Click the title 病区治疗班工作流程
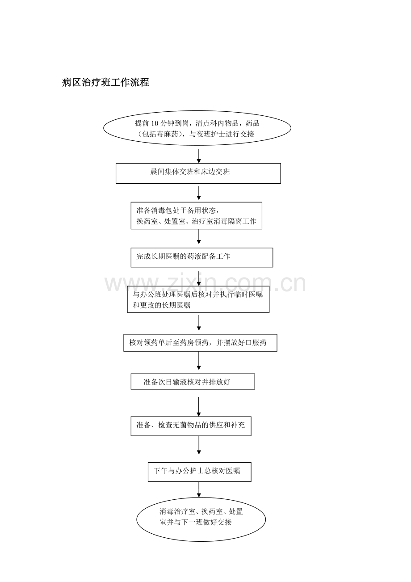(106, 82)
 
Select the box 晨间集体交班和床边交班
(198, 173)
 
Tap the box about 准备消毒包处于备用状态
(196, 215)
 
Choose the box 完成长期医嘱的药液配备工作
(202, 257)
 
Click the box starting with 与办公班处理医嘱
(198, 299)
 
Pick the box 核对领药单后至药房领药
(200, 343)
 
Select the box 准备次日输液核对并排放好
(193, 381)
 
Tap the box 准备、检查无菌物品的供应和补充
(191, 426)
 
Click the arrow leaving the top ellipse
(199, 156)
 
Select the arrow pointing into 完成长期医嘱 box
(199, 236)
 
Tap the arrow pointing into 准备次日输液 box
(199, 361)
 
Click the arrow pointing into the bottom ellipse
(199, 489)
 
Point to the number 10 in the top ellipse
(155, 123)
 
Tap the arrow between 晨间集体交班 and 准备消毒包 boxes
(199, 193)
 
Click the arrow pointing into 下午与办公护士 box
(199, 445)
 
